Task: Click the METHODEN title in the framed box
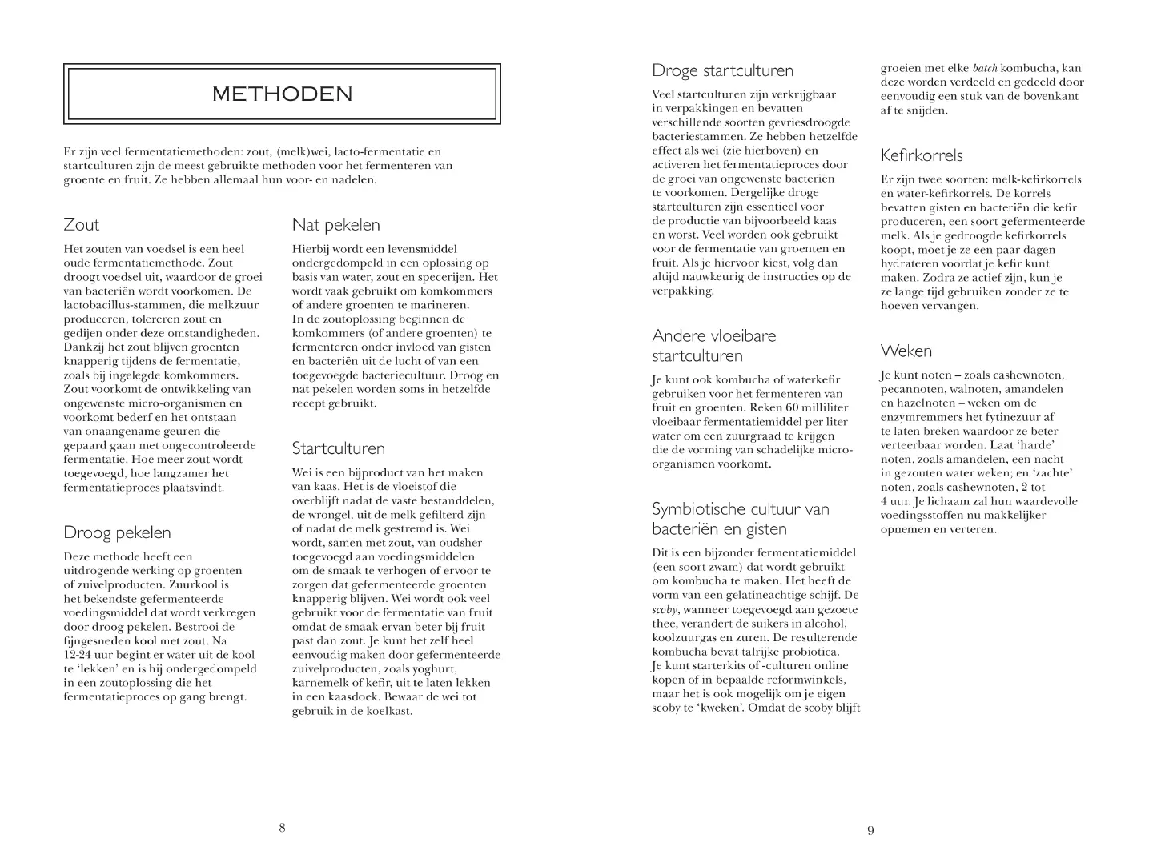click(x=282, y=94)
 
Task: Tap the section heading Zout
click(x=81, y=225)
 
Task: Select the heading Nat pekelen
click(x=335, y=225)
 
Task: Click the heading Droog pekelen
click(x=117, y=532)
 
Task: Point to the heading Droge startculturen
click(x=722, y=71)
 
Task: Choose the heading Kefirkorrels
click(x=922, y=155)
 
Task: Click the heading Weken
click(x=906, y=351)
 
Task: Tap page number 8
click(x=282, y=828)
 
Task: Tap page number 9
click(x=870, y=830)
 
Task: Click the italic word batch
click(x=984, y=68)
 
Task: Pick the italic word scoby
click(x=665, y=609)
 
